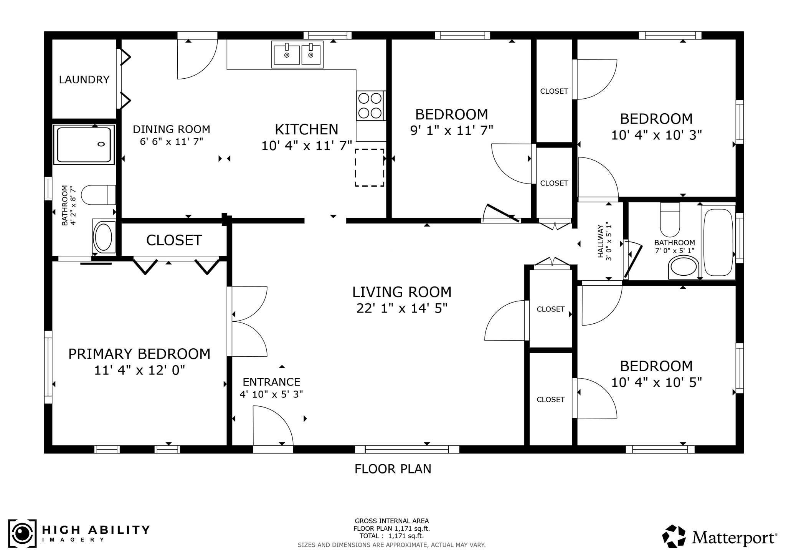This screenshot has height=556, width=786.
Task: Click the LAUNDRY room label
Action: (84, 79)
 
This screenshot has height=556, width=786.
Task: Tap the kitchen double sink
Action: (297, 55)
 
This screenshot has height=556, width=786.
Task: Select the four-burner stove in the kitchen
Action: (370, 106)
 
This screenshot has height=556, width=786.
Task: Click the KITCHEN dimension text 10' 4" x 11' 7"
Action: (307, 146)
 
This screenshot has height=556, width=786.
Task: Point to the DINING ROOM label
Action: (172, 129)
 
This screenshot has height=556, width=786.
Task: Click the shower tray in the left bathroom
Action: (84, 145)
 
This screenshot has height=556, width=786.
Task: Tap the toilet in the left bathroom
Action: (99, 195)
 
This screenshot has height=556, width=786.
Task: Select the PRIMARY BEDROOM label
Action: (139, 354)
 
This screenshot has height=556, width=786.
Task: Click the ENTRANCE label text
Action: (271, 382)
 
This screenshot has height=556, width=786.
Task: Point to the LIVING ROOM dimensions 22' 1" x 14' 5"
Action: (402, 308)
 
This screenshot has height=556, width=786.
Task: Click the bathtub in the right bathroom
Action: (718, 242)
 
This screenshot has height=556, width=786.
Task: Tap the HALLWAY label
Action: (601, 242)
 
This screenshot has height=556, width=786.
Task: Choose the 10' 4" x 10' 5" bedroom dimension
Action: (656, 382)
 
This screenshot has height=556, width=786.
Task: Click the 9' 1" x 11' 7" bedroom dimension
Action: (451, 131)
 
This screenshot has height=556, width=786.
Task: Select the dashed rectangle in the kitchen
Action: (370, 168)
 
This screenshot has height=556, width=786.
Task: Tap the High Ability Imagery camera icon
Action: (22, 533)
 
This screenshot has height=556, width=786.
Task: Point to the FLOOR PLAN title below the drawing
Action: (393, 469)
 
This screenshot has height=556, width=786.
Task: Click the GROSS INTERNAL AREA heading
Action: (391, 521)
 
